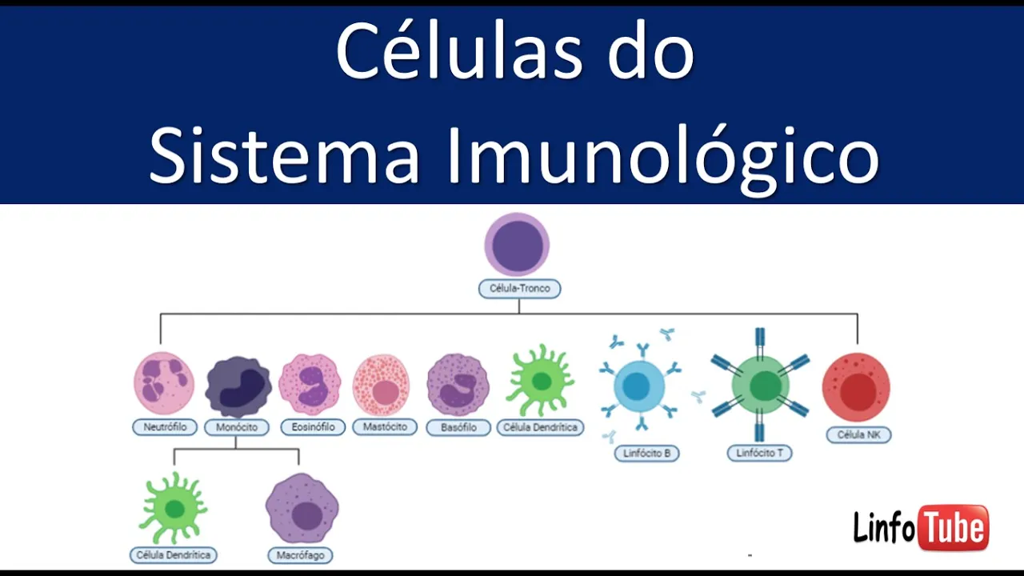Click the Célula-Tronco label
point(519,288)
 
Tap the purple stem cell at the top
point(517,245)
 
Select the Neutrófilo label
point(165,427)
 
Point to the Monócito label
point(237,427)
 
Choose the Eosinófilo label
point(313,427)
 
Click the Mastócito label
point(385,427)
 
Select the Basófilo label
point(458,427)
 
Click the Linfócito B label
point(647,454)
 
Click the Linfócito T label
point(760,453)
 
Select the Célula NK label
point(858,435)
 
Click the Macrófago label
point(300,554)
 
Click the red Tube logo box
point(954,527)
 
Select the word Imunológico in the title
point(662,156)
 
